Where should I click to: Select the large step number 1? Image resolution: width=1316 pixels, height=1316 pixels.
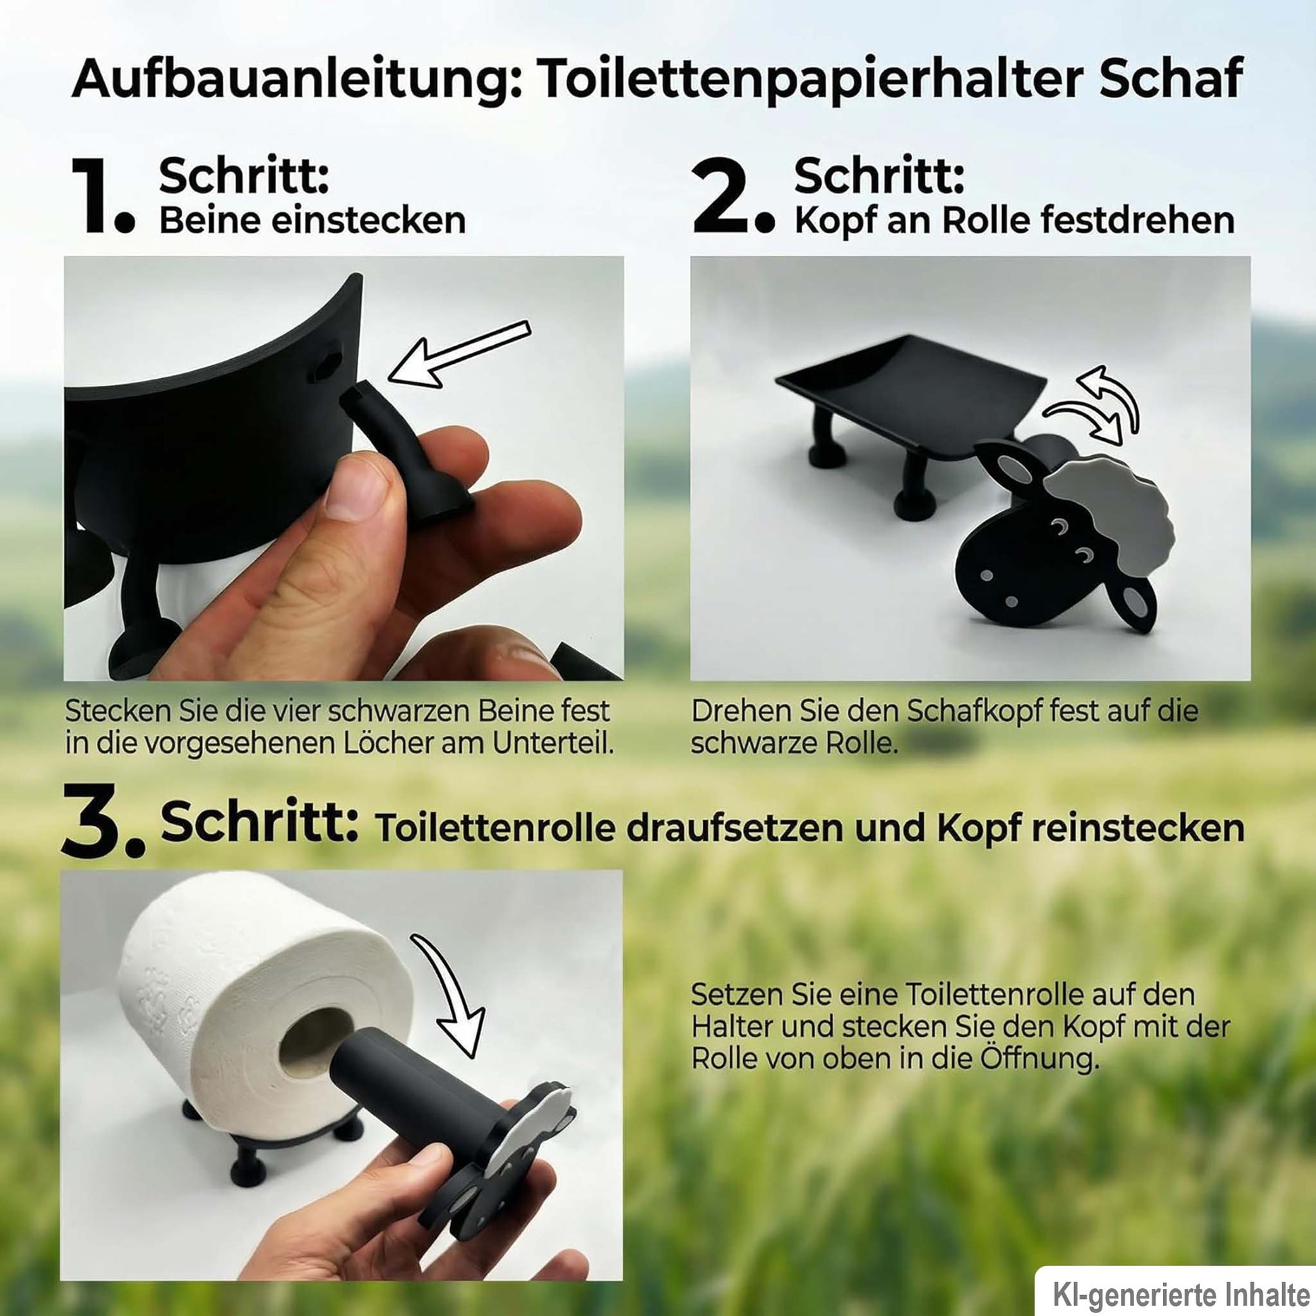click(x=103, y=195)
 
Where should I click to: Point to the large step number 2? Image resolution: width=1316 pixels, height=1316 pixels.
click(x=733, y=195)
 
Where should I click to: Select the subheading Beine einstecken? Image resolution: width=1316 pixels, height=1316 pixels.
click(x=312, y=220)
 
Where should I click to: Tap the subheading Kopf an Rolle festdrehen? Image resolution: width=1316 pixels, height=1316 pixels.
click(x=1014, y=220)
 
